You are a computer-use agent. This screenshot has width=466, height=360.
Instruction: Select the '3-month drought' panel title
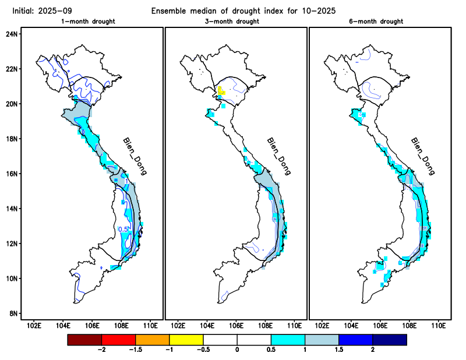235,22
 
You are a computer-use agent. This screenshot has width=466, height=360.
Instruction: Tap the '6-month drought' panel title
379,22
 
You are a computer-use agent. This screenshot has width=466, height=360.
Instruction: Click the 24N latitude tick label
12,34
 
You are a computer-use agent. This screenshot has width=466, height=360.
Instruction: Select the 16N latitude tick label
12,174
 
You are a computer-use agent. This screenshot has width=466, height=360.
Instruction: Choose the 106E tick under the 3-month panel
236,324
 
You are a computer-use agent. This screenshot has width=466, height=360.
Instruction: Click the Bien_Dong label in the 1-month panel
134,157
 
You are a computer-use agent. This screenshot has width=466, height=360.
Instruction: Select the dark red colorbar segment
84,339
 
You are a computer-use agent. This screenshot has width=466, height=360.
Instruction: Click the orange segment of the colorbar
152,339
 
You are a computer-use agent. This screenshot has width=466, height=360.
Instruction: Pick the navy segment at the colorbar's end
389,339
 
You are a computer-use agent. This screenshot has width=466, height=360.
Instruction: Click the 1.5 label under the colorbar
338,350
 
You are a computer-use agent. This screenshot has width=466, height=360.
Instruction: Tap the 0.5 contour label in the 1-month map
123,229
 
